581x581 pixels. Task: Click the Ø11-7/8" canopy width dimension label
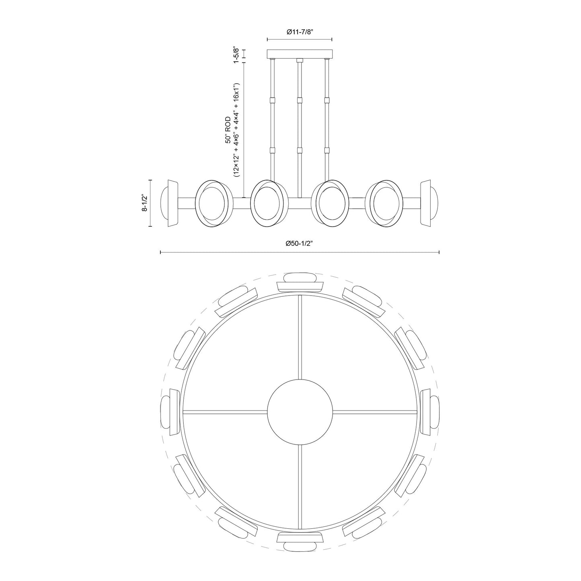(x=300, y=32)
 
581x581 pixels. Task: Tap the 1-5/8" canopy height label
(x=236, y=55)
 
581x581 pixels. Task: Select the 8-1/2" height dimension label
(x=145, y=203)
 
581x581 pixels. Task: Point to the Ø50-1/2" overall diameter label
(x=300, y=243)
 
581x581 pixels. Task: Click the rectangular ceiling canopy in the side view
(x=300, y=54)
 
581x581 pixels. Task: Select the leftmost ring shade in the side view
(x=213, y=203)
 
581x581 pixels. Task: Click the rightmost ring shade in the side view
(x=386, y=203)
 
